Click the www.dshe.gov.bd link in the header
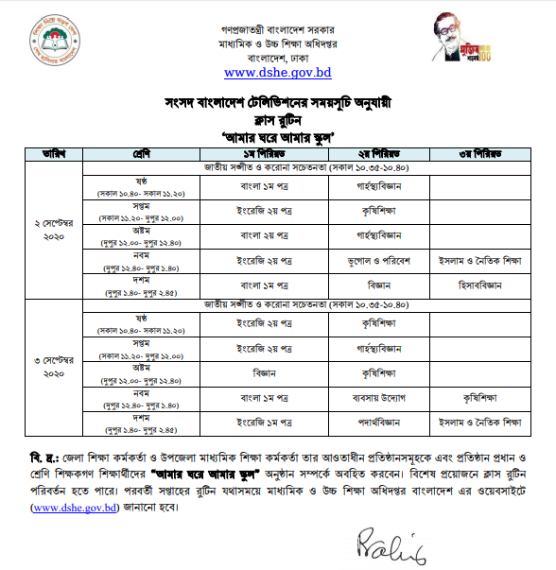point(277,71)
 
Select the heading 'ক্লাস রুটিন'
point(277,119)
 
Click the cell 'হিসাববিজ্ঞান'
point(475,282)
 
